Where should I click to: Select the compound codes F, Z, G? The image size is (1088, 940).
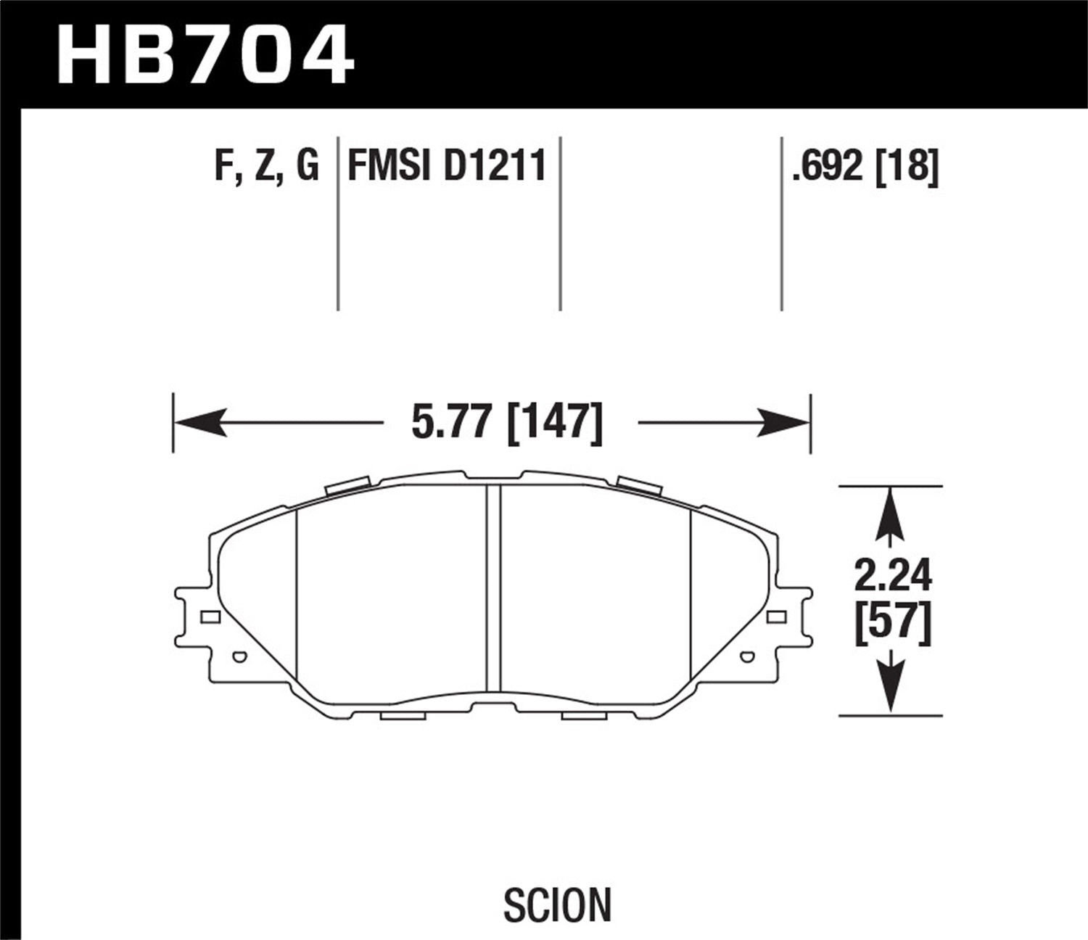pos(266,166)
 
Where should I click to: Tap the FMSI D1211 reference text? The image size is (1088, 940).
pos(447,166)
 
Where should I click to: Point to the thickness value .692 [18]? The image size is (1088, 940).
pos(866,166)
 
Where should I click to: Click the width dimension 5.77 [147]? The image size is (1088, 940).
pos(506,422)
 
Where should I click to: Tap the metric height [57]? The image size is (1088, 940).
pos(892,624)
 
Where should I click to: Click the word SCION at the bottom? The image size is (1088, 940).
pos(557,905)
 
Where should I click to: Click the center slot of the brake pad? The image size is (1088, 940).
pos(493,587)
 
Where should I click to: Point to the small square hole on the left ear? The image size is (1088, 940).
pos(210,617)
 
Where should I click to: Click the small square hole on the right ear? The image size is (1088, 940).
pos(775,617)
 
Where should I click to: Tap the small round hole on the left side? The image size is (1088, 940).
pos(237,658)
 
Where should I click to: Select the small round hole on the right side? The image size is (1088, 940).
pos(748,658)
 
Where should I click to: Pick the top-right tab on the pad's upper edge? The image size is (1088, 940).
pos(639,485)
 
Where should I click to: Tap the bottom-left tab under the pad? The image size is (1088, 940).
pos(402,717)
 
